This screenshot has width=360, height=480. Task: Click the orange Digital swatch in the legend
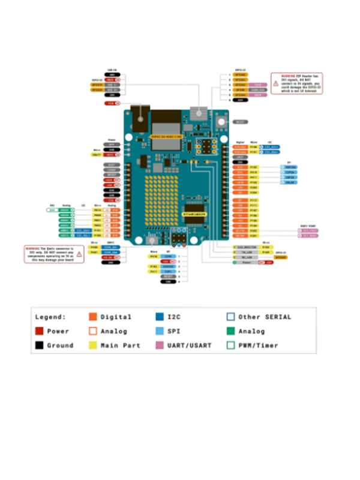click(92, 317)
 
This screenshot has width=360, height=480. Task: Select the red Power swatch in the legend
click(39, 331)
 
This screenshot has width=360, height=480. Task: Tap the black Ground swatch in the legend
click(39, 346)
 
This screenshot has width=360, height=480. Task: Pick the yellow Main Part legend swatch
click(92, 346)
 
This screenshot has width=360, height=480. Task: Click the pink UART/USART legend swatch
click(160, 346)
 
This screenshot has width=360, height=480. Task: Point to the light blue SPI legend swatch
click(160, 331)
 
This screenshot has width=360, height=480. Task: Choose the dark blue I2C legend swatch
click(160, 317)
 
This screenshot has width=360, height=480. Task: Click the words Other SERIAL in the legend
click(265, 317)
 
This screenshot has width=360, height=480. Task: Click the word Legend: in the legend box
click(51, 317)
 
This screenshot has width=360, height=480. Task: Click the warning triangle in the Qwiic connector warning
click(77, 253)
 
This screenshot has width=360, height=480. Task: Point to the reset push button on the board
click(221, 122)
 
